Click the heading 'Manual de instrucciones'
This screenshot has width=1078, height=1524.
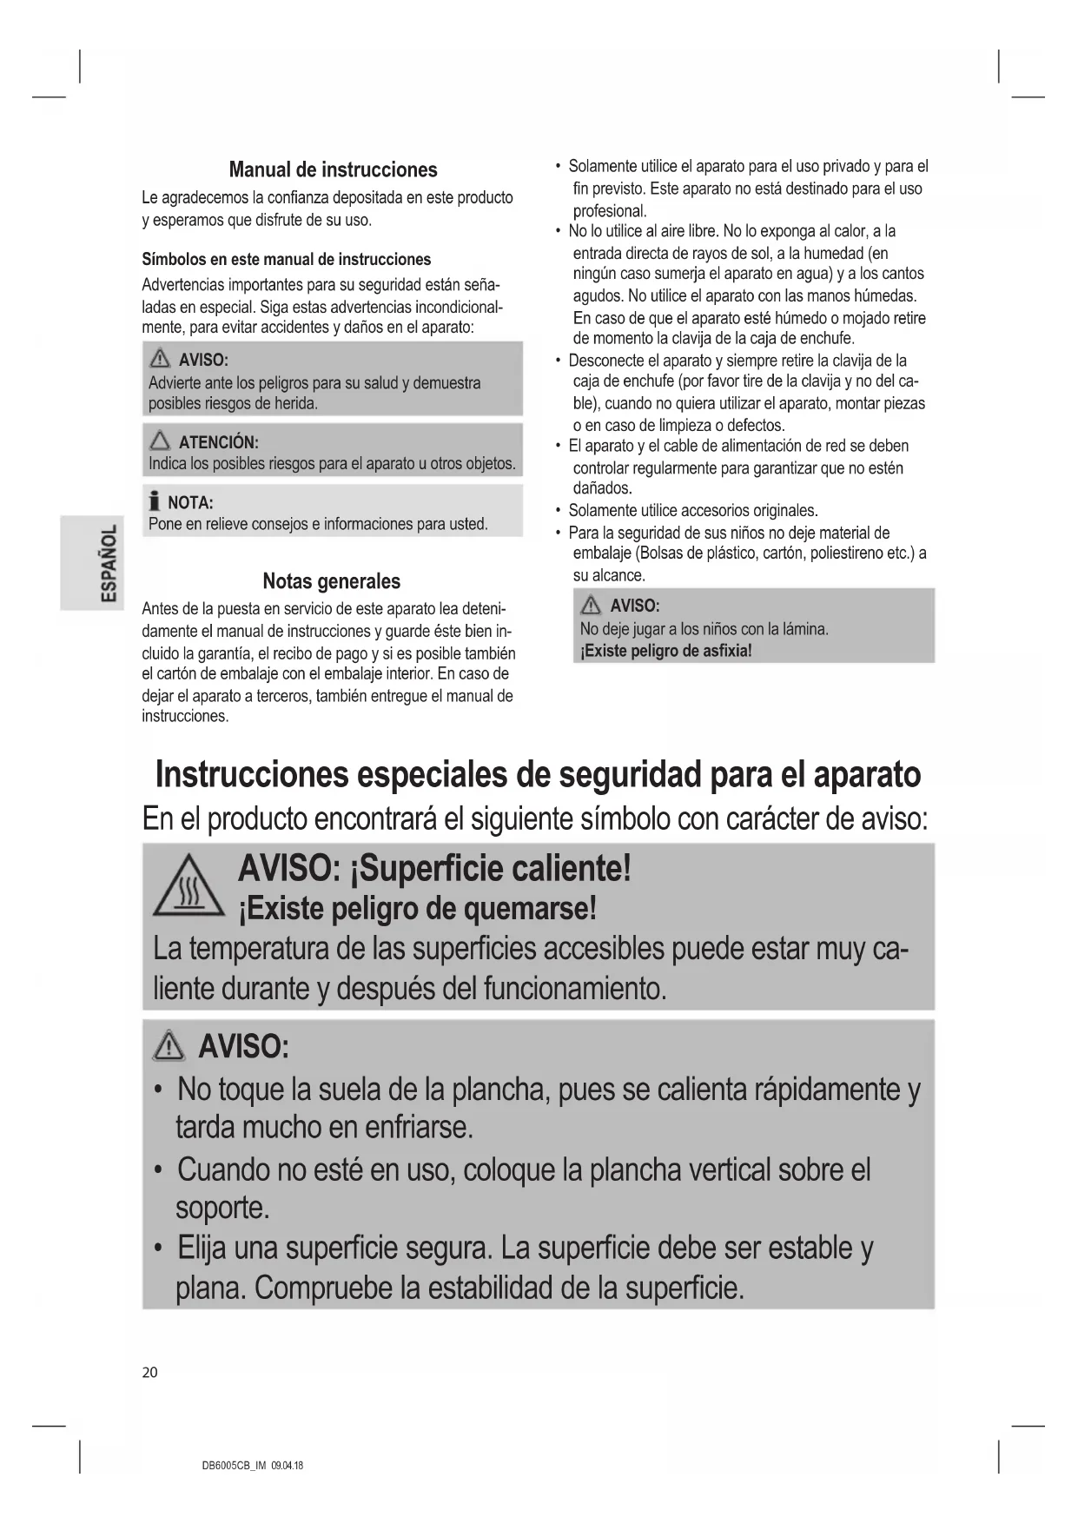click(333, 169)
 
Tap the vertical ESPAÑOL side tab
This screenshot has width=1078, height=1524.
click(91, 563)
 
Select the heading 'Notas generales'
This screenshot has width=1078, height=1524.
click(332, 581)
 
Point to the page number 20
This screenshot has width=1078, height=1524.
click(150, 1373)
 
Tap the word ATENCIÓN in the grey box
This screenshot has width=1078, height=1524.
click(218, 442)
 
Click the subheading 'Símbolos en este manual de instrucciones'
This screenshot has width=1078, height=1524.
click(286, 259)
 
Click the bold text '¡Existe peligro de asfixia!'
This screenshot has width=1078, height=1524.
click(665, 651)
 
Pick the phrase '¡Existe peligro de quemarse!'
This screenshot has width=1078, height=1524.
click(418, 909)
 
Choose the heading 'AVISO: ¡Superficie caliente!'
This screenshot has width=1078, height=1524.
click(434, 868)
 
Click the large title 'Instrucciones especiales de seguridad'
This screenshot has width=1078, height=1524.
click(538, 774)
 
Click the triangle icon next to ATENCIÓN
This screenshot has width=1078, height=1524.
click(160, 442)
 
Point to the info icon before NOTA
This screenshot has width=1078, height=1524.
click(155, 501)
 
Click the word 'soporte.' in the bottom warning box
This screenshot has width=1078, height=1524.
click(222, 1208)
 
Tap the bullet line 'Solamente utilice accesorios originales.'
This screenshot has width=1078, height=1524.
click(692, 510)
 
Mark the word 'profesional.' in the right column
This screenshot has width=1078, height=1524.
click(610, 210)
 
